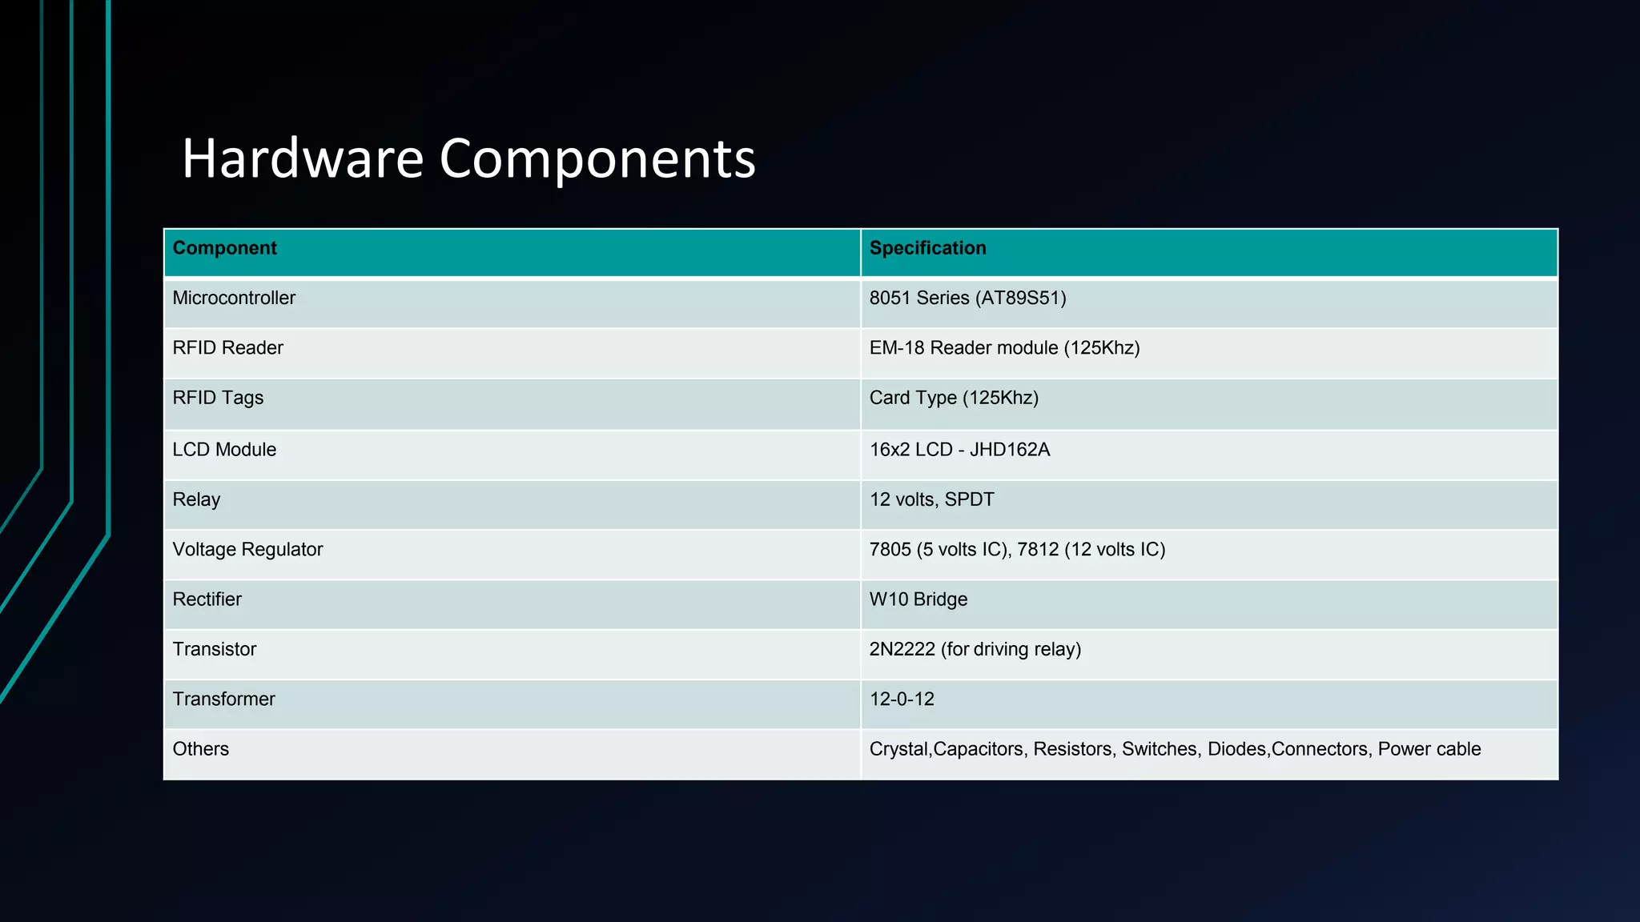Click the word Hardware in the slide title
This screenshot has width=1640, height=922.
(x=303, y=158)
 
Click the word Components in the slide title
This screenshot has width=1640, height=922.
(x=597, y=159)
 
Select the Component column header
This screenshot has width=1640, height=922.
(x=224, y=248)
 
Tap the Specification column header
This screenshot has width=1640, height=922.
(x=927, y=248)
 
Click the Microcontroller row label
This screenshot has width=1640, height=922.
(x=234, y=298)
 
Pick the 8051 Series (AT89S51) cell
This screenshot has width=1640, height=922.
(x=967, y=298)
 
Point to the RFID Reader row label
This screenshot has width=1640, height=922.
(x=227, y=348)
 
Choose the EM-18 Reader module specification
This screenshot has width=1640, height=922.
(x=1004, y=348)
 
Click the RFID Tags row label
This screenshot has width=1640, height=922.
(x=218, y=398)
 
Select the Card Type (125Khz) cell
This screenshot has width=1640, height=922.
(x=954, y=398)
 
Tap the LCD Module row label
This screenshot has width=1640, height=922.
(x=224, y=450)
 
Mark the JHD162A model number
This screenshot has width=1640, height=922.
(x=1009, y=450)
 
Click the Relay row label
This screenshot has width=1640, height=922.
(x=196, y=499)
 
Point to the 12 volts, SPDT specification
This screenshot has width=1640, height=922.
(x=931, y=499)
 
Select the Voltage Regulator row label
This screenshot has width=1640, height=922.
(x=247, y=550)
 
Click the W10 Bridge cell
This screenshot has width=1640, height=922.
(x=918, y=599)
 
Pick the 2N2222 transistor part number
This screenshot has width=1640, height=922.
(x=902, y=649)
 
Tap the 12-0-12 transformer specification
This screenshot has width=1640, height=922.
(x=902, y=700)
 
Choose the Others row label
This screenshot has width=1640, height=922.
(x=200, y=749)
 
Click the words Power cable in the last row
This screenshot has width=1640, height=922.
(x=1429, y=749)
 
